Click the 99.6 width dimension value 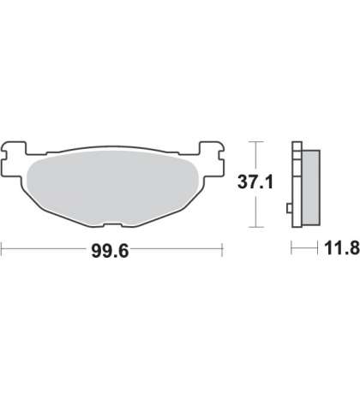coord(110,251)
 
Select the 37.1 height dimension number coord(255,182)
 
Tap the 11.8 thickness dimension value coord(342,248)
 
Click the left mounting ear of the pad coord(13,157)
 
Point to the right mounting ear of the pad coord(212,157)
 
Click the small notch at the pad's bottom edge coord(113,225)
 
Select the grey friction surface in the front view coord(112,188)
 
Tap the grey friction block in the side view coord(310,188)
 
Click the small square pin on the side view coord(289,208)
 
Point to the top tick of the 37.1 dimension coord(255,141)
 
